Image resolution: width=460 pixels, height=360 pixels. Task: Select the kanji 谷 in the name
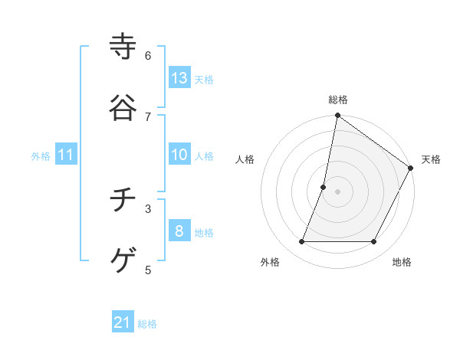[x=123, y=107]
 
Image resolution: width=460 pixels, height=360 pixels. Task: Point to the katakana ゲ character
[x=123, y=260]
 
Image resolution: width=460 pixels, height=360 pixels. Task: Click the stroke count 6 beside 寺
[x=148, y=56]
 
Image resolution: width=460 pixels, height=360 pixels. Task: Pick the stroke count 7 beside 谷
[x=148, y=116]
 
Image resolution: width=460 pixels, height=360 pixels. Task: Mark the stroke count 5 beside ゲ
[x=148, y=270]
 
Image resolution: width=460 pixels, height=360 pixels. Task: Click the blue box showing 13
[x=179, y=78]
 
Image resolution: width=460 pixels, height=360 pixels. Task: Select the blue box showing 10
[x=179, y=155]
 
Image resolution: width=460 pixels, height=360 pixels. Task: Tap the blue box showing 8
[x=179, y=231]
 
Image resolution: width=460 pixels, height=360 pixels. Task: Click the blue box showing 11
[x=66, y=155]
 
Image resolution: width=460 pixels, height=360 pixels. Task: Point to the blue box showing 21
[x=123, y=322]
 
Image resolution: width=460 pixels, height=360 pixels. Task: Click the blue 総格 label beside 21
[x=147, y=324]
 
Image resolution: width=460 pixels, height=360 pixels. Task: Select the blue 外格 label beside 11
[x=41, y=156]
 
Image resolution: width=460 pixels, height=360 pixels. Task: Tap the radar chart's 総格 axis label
[x=338, y=100]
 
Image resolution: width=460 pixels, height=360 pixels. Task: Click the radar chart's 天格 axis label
[x=431, y=159]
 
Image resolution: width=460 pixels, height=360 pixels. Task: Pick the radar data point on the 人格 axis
[x=324, y=187]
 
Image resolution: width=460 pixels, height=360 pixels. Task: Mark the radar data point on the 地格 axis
[x=374, y=242]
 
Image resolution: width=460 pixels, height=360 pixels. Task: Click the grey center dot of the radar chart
[x=338, y=191]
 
